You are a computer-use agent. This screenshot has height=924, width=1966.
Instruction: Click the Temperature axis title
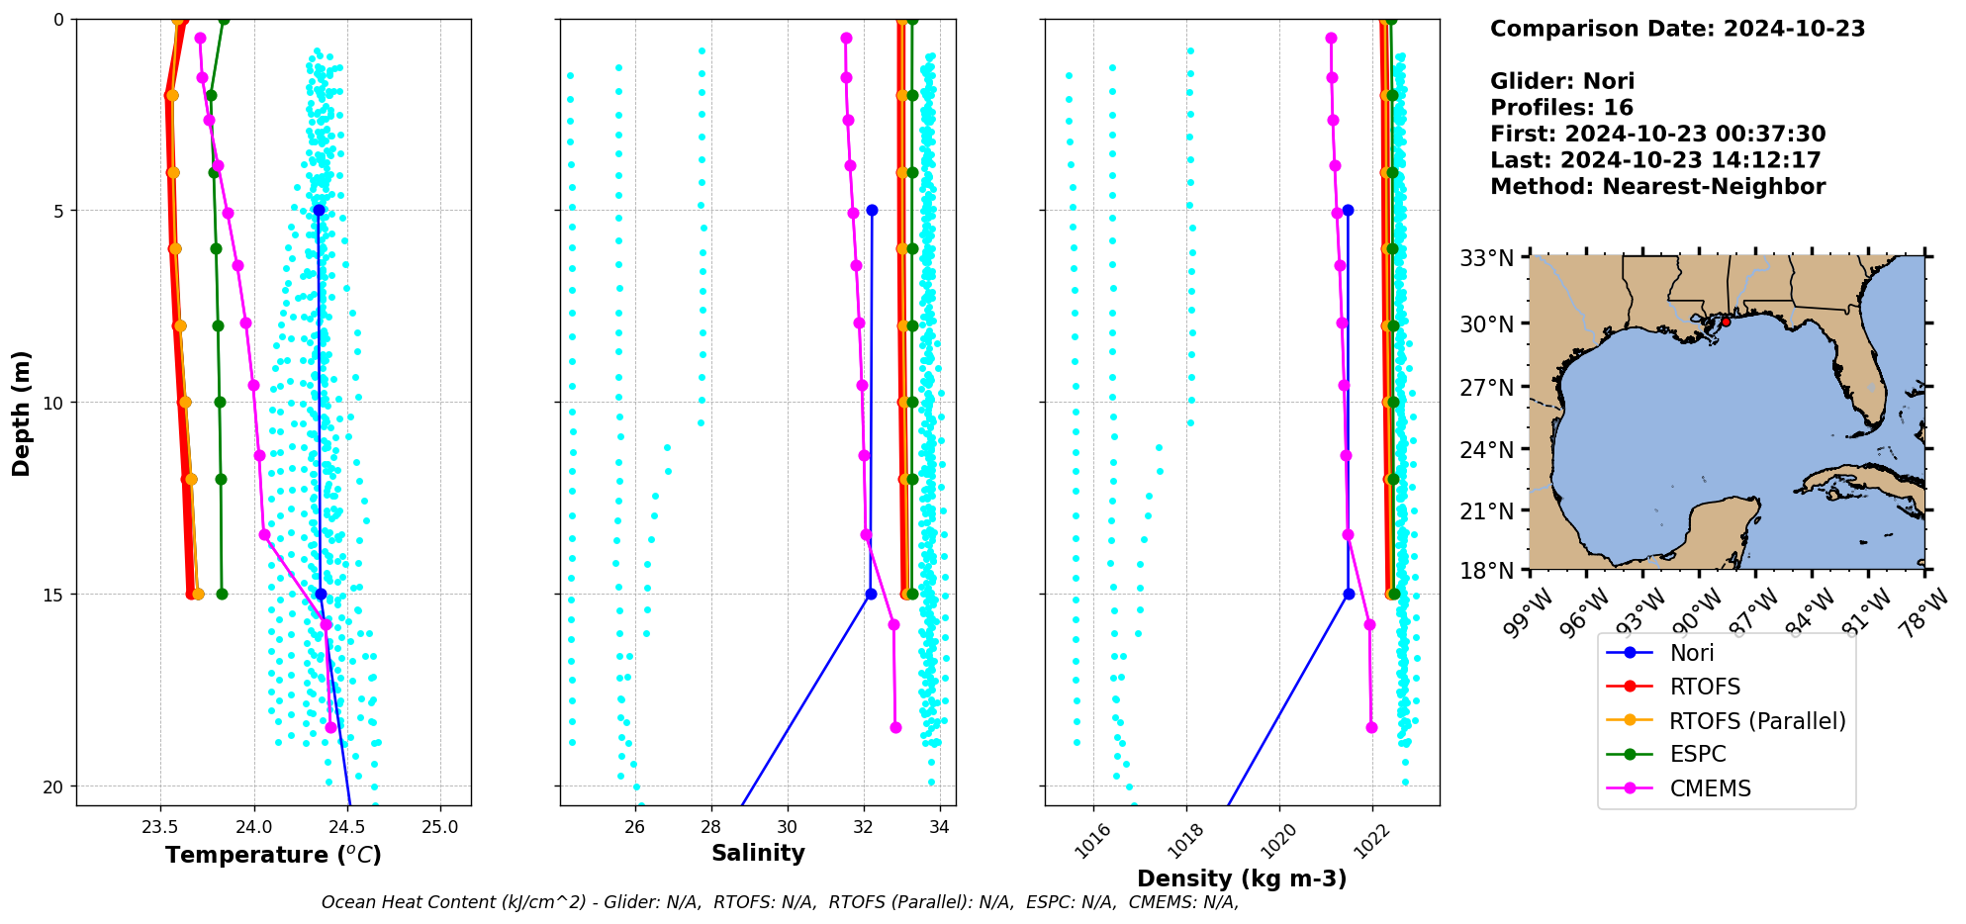coord(273,855)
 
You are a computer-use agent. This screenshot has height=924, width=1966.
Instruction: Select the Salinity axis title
coord(758,853)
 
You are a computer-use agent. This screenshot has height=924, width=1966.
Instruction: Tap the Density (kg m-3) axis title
coord(1242,878)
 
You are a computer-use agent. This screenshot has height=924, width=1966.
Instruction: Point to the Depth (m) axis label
coord(22,413)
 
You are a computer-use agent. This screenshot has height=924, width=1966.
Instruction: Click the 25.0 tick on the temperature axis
coord(440,827)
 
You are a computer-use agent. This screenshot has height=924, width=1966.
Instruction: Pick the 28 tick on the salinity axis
coord(710,827)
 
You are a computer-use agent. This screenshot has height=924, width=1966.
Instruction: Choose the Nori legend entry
coord(1691,653)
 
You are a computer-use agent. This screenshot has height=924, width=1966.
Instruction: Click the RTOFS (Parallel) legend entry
coord(1756,721)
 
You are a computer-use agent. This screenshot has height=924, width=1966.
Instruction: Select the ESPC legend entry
coord(1697,754)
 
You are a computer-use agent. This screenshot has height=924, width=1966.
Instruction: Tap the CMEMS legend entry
coord(1710,788)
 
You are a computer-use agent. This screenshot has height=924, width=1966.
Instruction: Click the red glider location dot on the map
coord(1726,322)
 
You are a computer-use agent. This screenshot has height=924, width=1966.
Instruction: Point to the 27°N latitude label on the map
coord(1487,387)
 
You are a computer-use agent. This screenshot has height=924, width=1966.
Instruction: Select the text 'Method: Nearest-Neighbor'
coord(1657,186)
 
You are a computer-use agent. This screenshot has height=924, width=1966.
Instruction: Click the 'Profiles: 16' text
coord(1561,108)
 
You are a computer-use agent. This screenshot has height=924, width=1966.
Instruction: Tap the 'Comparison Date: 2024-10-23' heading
coord(1677,29)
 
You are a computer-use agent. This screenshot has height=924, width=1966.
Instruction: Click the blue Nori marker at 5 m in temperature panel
coord(319,211)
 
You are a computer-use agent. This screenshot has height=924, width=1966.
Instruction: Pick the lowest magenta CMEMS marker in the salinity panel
coord(895,727)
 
